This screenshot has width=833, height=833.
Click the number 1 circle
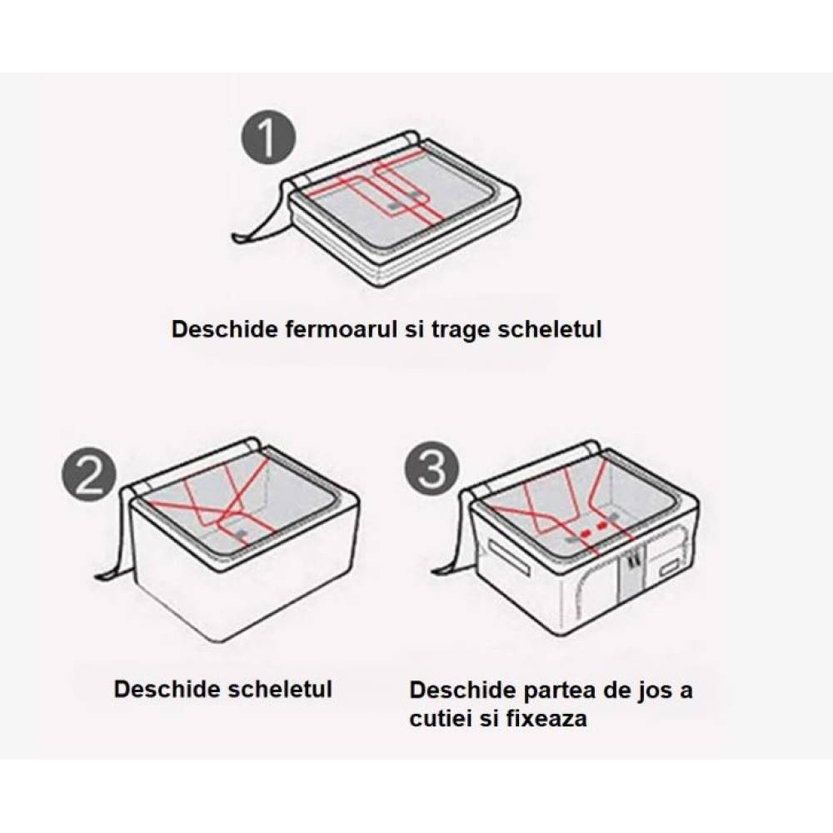click(269, 137)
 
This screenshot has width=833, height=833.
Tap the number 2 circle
click(89, 475)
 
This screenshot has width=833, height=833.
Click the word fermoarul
click(341, 329)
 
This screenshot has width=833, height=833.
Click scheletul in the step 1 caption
click(550, 329)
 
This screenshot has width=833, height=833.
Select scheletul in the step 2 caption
click(280, 689)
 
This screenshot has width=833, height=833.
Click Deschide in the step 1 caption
click(225, 329)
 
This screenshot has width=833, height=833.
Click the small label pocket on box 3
click(672, 570)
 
